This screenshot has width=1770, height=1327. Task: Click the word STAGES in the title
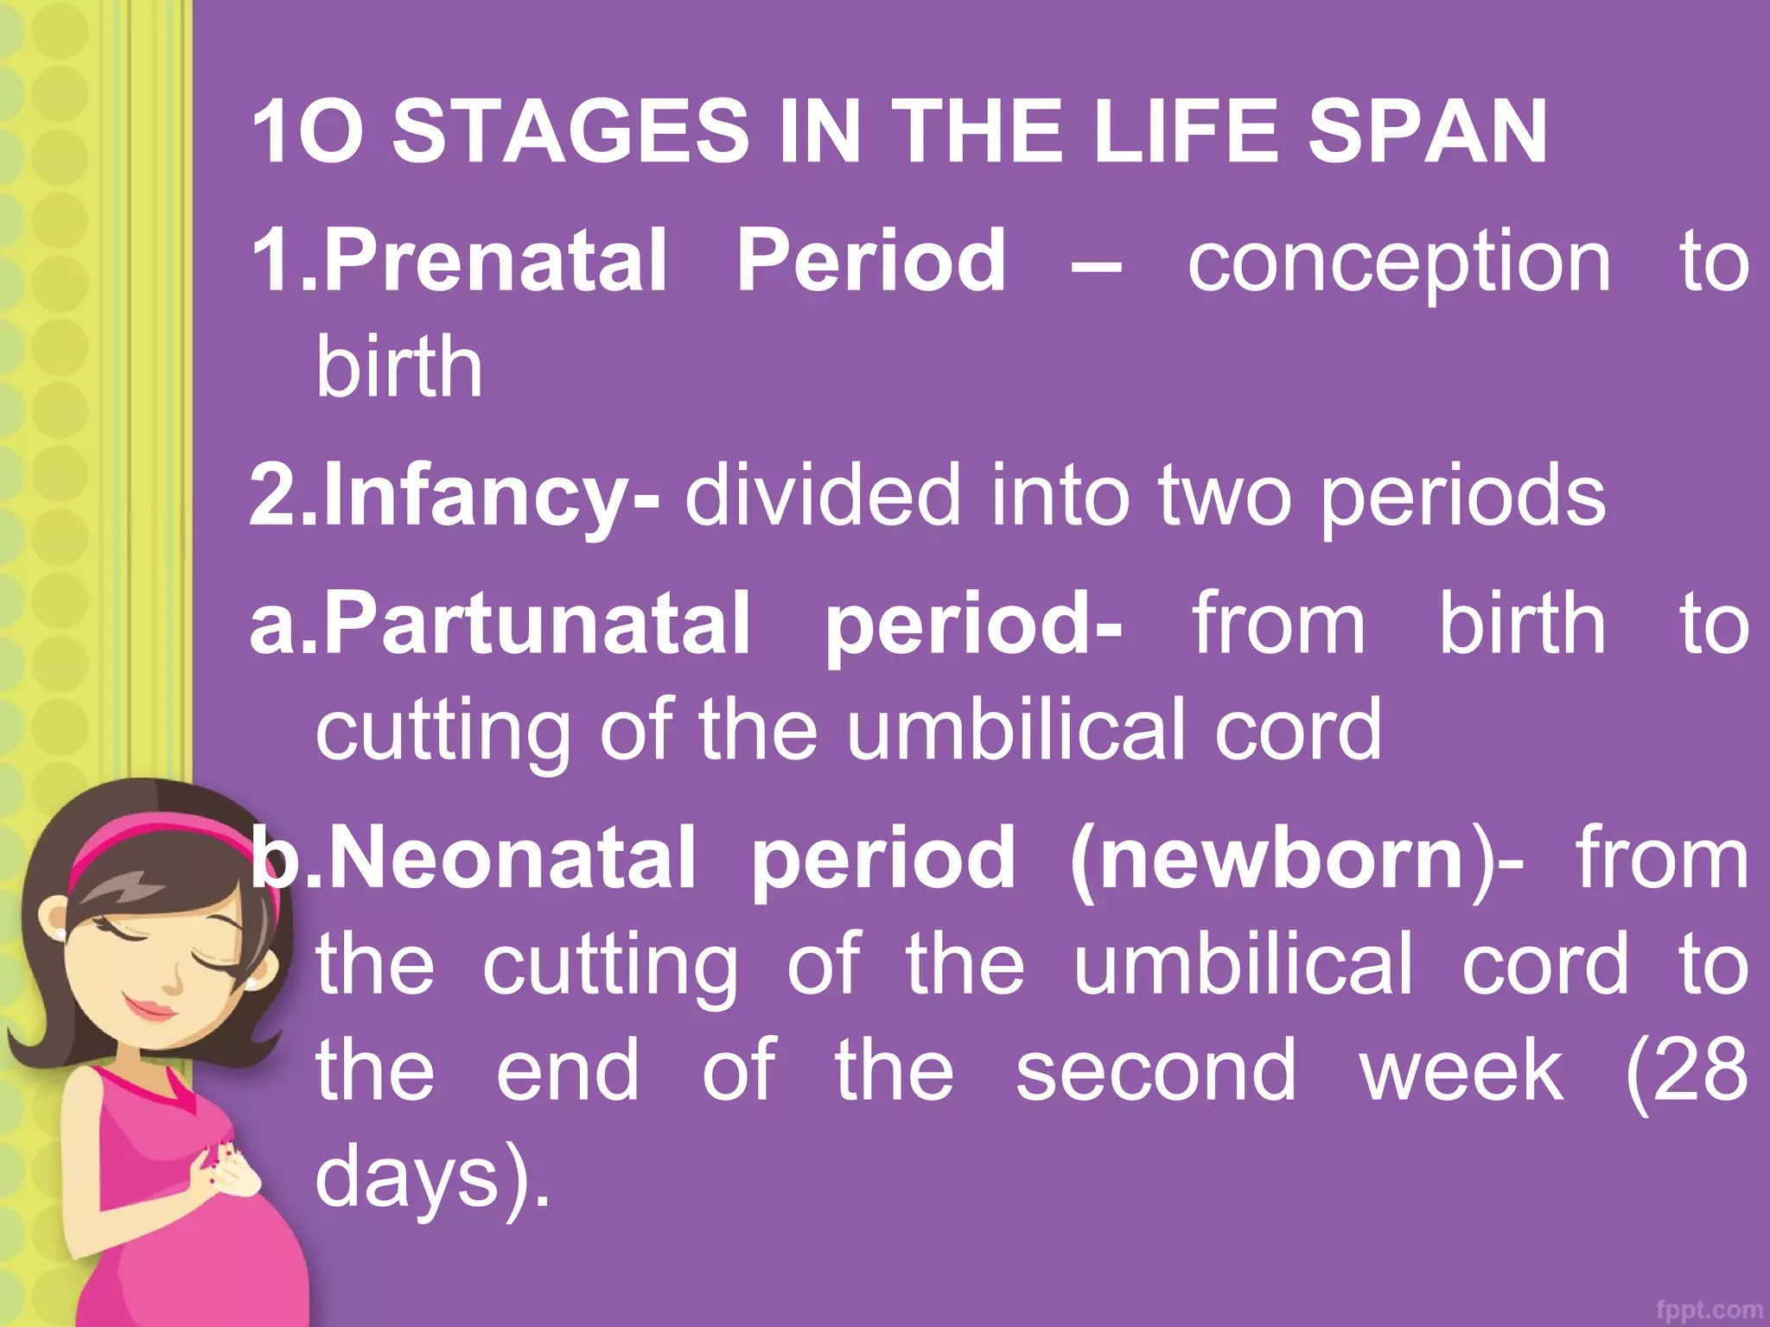pos(570,132)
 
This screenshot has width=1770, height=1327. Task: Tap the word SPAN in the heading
pos(1427,132)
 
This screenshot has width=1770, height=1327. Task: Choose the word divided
pos(822,494)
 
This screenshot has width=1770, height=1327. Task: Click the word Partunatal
pos(536,624)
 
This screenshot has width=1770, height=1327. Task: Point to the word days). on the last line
pos(432,1177)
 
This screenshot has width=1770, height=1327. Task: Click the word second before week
pos(1156,1071)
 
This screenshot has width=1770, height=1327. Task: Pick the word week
pos(1461,1071)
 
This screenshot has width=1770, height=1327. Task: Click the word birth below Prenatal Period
pos(398,367)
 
